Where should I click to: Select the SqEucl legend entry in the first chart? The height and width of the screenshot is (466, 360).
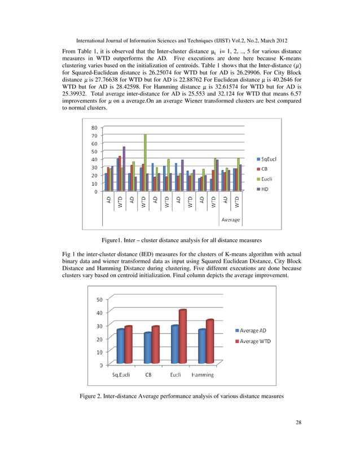(268, 159)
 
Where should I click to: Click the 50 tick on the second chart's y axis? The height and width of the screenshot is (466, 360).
(99, 300)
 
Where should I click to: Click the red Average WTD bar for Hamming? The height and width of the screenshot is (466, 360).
(209, 342)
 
